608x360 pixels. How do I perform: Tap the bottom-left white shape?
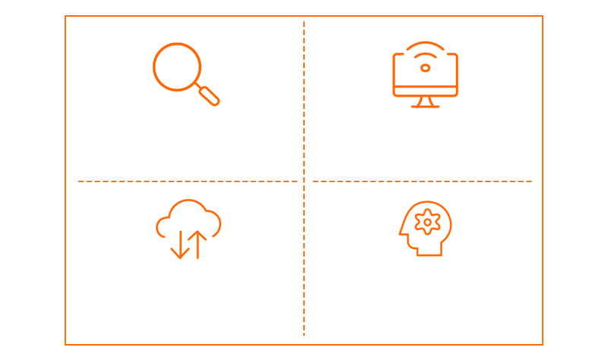[186, 292]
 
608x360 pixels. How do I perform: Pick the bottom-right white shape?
[426, 289]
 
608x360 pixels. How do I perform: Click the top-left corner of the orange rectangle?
[65, 16]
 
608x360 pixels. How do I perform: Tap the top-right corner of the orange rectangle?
[543, 16]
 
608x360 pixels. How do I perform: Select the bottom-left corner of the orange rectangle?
[65, 345]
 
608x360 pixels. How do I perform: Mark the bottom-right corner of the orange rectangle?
[543, 345]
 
